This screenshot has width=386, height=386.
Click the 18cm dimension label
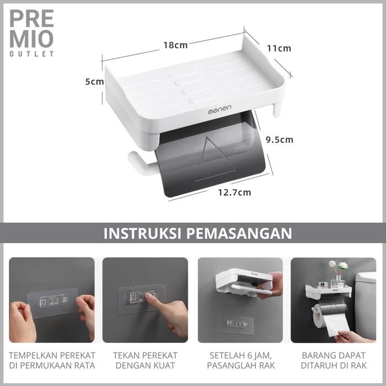(x=175, y=45)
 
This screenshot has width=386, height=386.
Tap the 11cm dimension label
(x=279, y=49)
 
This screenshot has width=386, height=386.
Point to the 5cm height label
(x=94, y=82)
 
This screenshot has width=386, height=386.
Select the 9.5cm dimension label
(x=280, y=140)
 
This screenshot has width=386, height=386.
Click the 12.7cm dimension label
(x=234, y=192)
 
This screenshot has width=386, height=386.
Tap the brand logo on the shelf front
(x=219, y=109)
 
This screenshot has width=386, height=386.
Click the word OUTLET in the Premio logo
(x=32, y=54)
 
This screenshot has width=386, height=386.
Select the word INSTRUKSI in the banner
(x=142, y=233)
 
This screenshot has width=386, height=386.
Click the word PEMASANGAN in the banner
(x=239, y=233)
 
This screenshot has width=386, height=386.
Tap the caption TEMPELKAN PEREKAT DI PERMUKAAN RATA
(x=52, y=361)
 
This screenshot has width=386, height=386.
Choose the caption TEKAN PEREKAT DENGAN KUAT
(x=145, y=361)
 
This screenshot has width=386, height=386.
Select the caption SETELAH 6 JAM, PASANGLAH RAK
(x=240, y=361)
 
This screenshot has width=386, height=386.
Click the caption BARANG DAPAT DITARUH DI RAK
(x=334, y=361)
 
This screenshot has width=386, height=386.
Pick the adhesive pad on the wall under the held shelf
(x=237, y=323)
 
